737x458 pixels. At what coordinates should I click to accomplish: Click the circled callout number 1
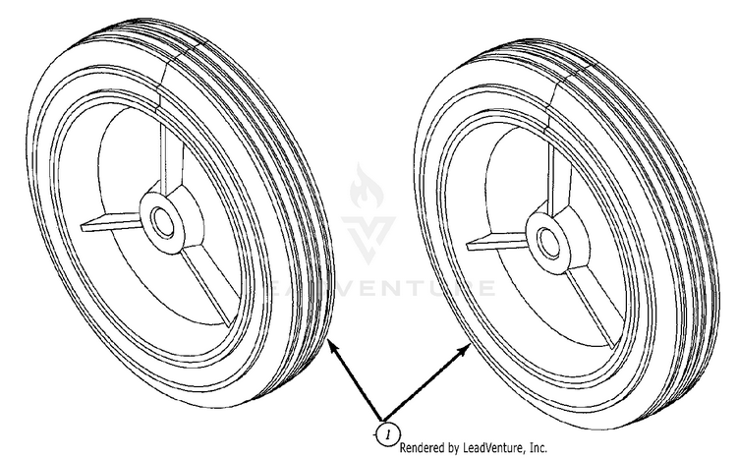tap(388, 434)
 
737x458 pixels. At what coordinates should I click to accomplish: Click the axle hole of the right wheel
tap(547, 241)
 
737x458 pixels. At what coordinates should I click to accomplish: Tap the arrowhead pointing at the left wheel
tap(333, 348)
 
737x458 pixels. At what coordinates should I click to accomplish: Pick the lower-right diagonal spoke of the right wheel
tap(593, 306)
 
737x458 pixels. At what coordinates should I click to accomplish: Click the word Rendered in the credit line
tap(422, 447)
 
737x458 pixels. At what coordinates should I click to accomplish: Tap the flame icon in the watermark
tap(367, 186)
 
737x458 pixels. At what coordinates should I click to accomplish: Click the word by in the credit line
tap(452, 448)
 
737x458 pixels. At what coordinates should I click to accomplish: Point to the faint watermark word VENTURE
tap(414, 288)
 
